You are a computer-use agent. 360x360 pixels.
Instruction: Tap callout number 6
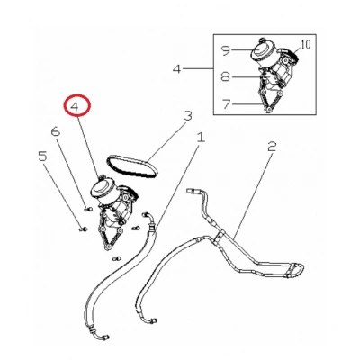(56, 131)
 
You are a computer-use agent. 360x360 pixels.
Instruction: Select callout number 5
(42, 157)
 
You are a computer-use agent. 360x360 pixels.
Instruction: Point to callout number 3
(187, 115)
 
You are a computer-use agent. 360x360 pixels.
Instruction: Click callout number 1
(201, 138)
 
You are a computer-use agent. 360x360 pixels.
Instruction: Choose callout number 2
(272, 147)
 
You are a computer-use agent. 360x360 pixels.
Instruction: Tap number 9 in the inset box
(226, 50)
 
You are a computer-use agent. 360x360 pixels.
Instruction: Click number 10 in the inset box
(305, 45)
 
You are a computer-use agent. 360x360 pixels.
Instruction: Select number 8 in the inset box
(226, 76)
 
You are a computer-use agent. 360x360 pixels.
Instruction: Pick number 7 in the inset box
(227, 103)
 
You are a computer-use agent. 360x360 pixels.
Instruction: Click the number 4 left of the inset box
(177, 69)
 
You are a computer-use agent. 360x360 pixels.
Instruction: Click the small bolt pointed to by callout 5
(83, 229)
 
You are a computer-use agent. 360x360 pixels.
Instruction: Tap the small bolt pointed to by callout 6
(87, 209)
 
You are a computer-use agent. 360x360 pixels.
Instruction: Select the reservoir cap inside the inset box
(260, 50)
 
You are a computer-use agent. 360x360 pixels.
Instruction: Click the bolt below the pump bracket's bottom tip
(116, 258)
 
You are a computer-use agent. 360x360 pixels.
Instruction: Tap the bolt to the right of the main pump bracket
(135, 229)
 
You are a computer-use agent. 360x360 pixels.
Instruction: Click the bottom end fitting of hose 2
(153, 320)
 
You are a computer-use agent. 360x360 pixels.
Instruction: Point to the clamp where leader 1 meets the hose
(152, 230)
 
